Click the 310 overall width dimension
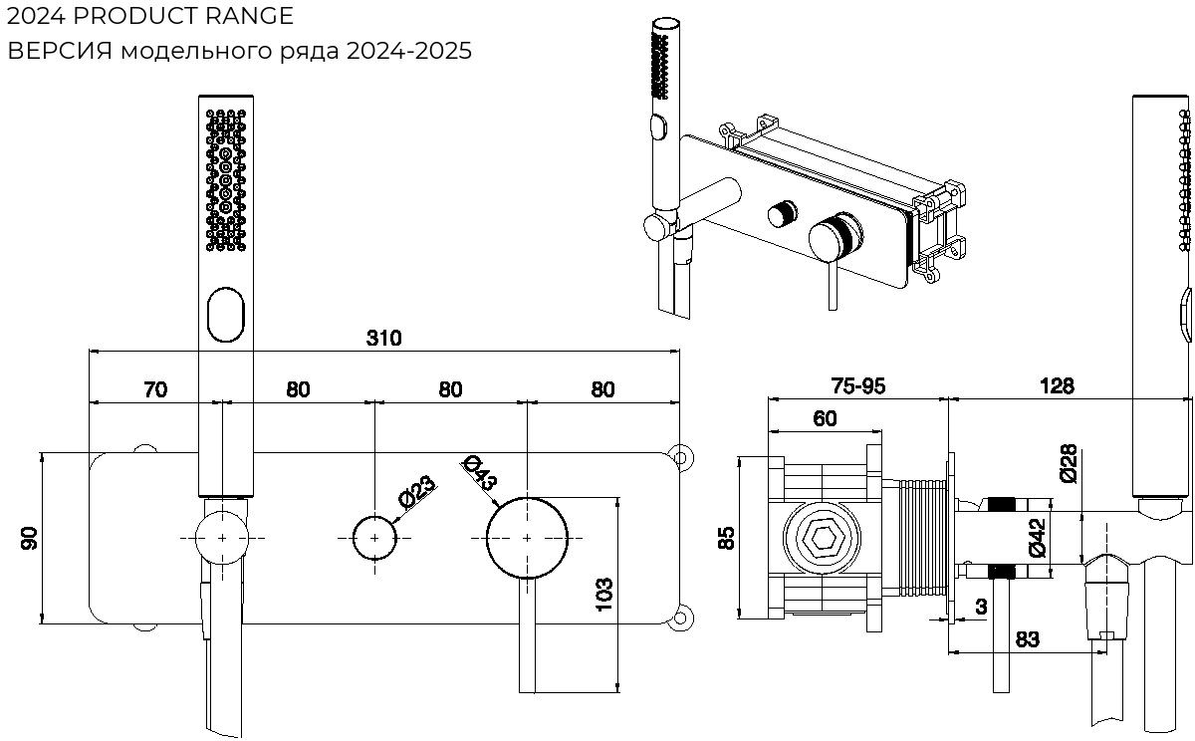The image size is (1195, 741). (x=383, y=338)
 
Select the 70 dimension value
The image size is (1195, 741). (x=155, y=389)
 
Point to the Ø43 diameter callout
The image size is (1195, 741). (x=481, y=471)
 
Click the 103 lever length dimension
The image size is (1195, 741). (x=603, y=596)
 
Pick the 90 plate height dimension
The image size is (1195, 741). (x=30, y=539)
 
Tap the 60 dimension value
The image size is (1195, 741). (x=825, y=418)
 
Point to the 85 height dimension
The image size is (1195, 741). (x=727, y=538)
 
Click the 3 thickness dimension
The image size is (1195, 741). (x=981, y=605)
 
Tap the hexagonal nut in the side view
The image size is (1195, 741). (x=823, y=539)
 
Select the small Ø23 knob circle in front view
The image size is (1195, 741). (x=374, y=538)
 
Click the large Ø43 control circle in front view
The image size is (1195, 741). (x=527, y=538)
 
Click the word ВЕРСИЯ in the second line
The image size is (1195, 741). (x=60, y=52)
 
